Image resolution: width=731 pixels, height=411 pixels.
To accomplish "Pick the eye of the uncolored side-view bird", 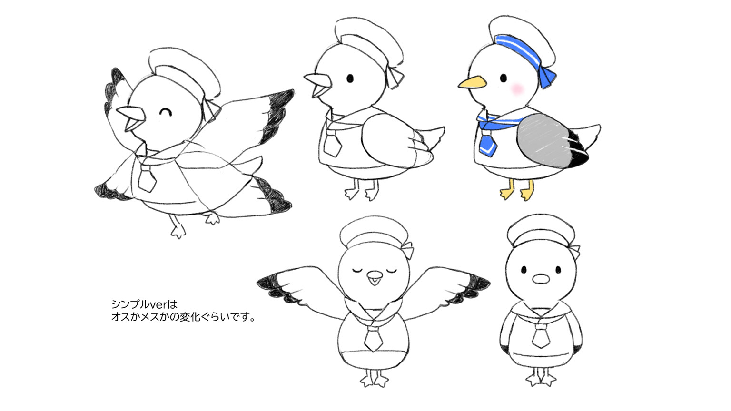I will click(350, 78).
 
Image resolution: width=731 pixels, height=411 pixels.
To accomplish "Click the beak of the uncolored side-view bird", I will click(317, 84).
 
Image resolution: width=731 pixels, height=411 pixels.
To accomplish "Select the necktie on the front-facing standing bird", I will click(541, 335).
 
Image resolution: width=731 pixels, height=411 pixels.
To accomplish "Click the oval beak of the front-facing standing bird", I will click(540, 278).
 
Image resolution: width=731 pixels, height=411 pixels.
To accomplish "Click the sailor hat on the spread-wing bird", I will click(374, 233).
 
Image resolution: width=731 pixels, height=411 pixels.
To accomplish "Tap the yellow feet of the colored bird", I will click(516, 192).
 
